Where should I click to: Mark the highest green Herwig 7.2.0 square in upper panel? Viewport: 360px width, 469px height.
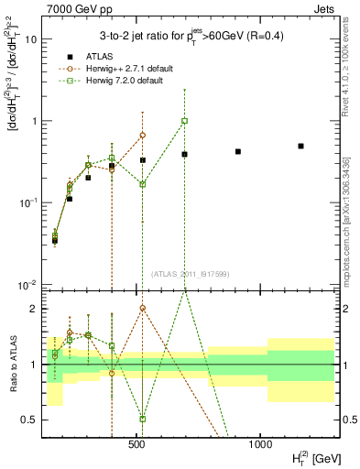(184, 121)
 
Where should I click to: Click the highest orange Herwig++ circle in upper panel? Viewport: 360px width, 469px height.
(143, 135)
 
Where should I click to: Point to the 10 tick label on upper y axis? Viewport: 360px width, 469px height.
(30, 39)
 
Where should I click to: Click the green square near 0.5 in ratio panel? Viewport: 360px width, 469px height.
(143, 419)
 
